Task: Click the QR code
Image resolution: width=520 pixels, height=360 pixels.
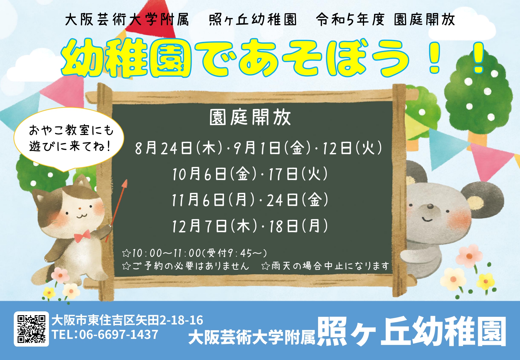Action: pyautogui.click(x=31, y=329)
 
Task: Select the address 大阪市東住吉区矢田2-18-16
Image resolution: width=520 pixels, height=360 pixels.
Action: pyautogui.click(x=127, y=320)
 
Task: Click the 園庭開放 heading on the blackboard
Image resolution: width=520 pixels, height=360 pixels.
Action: pyautogui.click(x=250, y=117)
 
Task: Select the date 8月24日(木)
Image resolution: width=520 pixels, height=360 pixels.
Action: pyautogui.click(x=179, y=148)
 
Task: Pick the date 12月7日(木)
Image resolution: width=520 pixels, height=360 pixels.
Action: pyautogui.click(x=214, y=226)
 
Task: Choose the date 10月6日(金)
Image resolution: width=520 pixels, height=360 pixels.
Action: pyautogui.click(x=214, y=174)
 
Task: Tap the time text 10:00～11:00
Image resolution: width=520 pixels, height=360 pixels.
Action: pyautogui.click(x=166, y=253)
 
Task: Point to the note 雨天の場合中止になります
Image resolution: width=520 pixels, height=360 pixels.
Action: pyautogui.click(x=330, y=266)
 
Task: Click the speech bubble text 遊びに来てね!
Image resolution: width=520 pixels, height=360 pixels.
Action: pyautogui.click(x=70, y=146)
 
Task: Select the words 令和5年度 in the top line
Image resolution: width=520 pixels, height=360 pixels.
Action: pyautogui.click(x=350, y=20)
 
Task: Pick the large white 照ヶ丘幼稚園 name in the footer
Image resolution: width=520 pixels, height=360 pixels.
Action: pyautogui.click(x=411, y=332)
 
